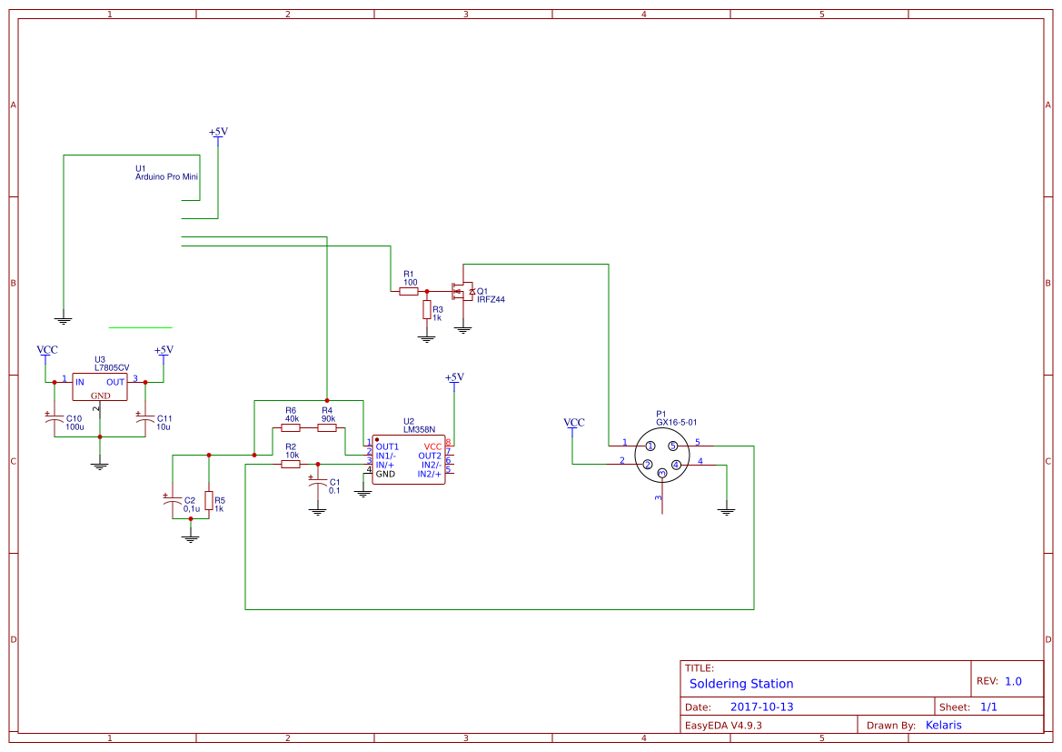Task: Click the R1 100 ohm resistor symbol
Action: tap(408, 292)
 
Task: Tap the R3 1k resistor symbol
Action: tap(426, 310)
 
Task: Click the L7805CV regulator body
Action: tap(100, 387)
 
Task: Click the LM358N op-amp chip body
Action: tap(408, 460)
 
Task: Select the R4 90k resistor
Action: tap(327, 427)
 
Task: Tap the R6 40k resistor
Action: tap(291, 427)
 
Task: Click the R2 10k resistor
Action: tap(291, 464)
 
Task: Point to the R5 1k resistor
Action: tap(209, 500)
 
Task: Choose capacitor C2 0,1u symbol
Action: tap(173, 501)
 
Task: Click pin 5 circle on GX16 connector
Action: tap(673, 446)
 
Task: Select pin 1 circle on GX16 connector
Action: tap(650, 446)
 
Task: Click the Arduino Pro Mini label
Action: tap(166, 177)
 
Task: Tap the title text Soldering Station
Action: tap(740, 684)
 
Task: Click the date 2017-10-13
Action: tap(761, 707)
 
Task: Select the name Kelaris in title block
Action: tap(943, 725)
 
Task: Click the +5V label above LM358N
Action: tap(454, 377)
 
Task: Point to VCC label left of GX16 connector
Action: tap(573, 423)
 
